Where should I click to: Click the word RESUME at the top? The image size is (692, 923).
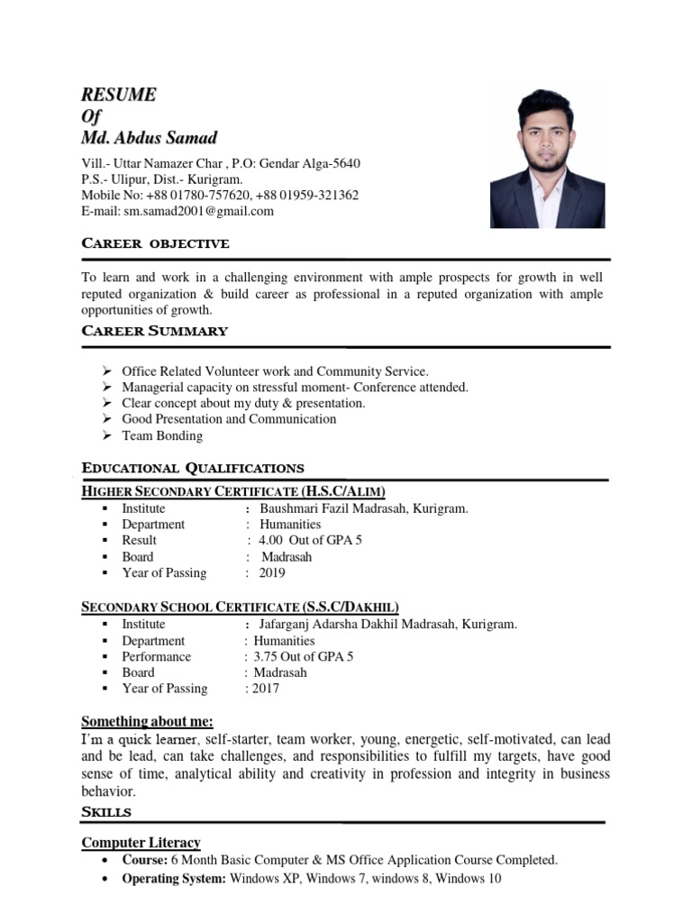tap(119, 95)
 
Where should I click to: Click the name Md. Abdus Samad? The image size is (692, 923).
tap(149, 138)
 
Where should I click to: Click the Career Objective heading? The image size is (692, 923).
tap(155, 243)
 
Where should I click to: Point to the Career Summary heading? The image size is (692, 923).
tap(154, 331)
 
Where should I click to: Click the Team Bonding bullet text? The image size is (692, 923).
tap(162, 435)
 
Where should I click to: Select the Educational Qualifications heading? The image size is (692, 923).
tap(193, 468)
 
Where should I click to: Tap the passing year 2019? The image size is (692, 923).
tap(271, 572)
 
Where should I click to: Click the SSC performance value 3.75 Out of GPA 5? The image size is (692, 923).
tap(304, 656)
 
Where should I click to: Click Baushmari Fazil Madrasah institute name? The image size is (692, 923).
tap(363, 508)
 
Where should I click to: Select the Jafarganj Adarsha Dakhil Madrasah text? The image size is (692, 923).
tap(387, 624)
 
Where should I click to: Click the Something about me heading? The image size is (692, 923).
tap(148, 721)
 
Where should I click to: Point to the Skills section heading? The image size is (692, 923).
tap(106, 812)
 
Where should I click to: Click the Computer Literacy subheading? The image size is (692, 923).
tap(141, 843)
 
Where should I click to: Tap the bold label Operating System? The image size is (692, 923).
tap(174, 878)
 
